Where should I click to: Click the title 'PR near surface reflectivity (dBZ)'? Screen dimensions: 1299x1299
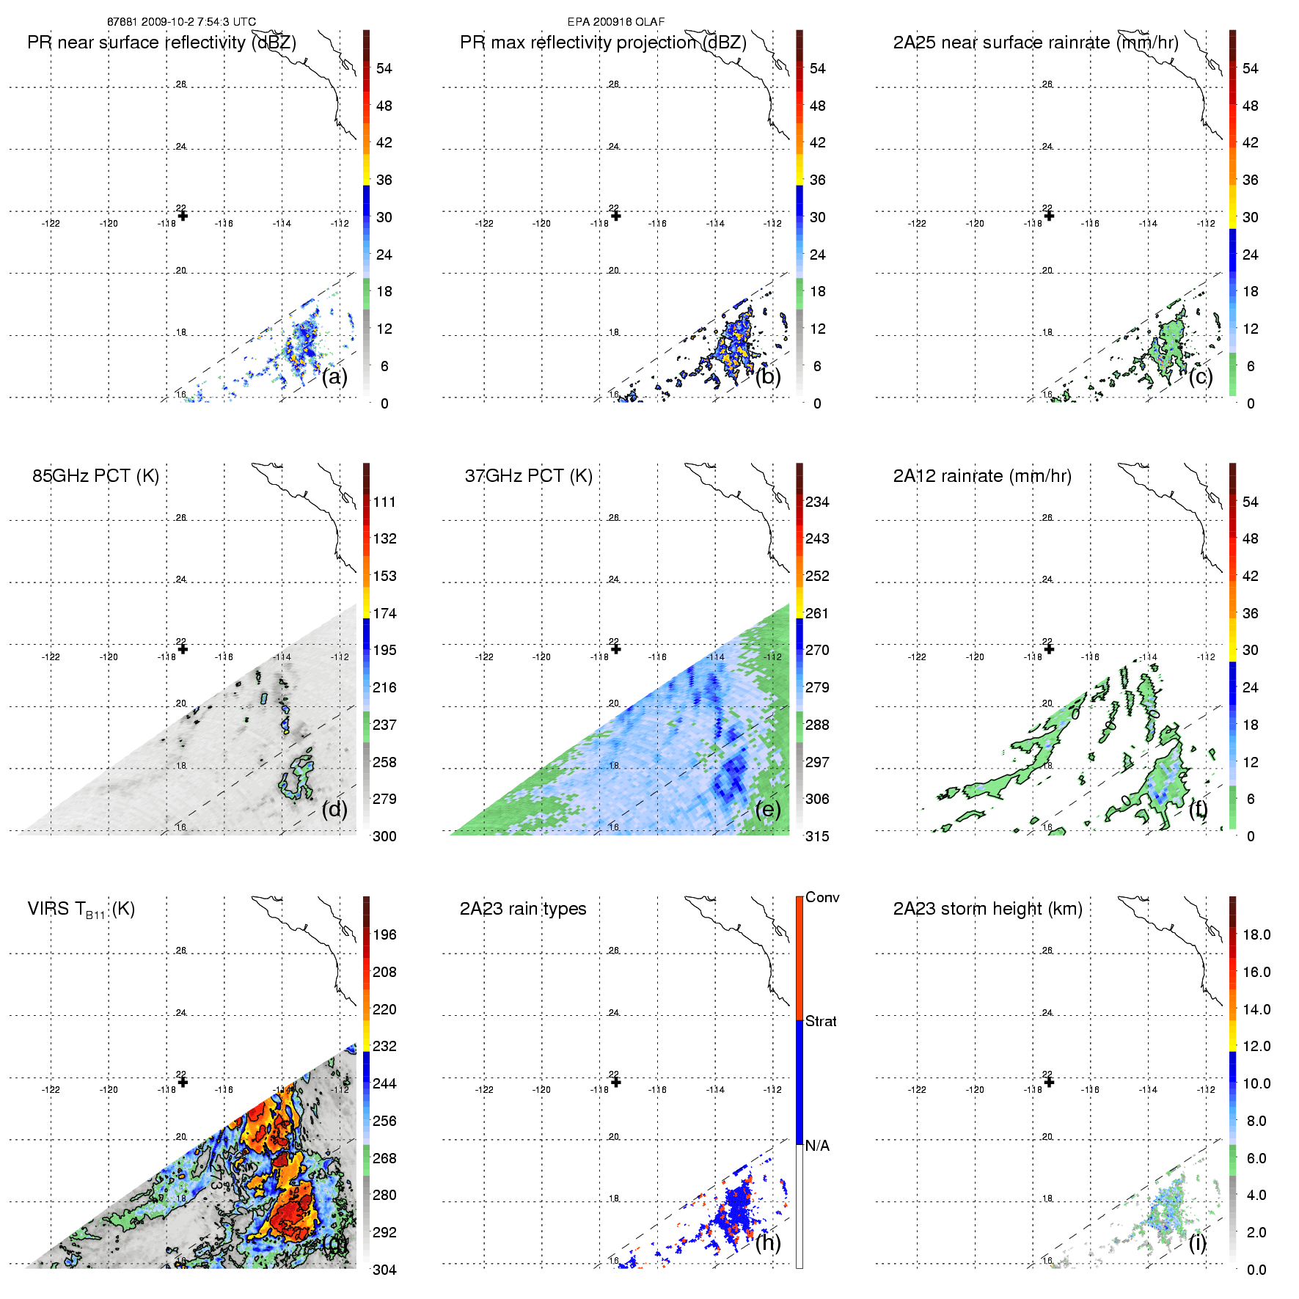[161, 43]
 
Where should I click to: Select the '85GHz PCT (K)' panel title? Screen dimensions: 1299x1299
[95, 476]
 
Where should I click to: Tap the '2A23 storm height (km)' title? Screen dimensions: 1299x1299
[987, 909]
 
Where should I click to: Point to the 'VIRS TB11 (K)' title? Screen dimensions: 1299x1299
[81, 910]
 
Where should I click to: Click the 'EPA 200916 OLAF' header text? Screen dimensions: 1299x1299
[615, 22]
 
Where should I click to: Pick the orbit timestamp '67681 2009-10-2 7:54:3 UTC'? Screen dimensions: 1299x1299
[181, 22]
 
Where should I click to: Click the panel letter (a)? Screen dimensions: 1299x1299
[334, 377]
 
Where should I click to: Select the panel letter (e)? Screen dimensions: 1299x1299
[767, 810]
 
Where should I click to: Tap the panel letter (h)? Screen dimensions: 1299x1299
[767, 1243]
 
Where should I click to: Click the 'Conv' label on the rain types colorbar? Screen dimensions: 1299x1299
[822, 897]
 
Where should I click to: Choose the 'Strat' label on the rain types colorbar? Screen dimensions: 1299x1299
[821, 1021]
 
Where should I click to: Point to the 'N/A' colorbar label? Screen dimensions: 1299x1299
[817, 1146]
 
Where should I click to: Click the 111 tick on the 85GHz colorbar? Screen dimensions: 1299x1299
[384, 502]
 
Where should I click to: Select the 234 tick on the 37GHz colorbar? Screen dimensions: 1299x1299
[817, 502]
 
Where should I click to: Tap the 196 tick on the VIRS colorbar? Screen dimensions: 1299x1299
[384, 934]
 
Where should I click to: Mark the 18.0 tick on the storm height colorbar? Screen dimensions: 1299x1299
[1256, 934]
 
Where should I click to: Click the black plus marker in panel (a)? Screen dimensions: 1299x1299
[183, 216]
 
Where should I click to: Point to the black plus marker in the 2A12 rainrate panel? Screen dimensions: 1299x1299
[1049, 649]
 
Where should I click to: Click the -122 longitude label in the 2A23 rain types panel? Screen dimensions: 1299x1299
[484, 1090]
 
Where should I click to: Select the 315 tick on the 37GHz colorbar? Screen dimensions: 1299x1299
[817, 836]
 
